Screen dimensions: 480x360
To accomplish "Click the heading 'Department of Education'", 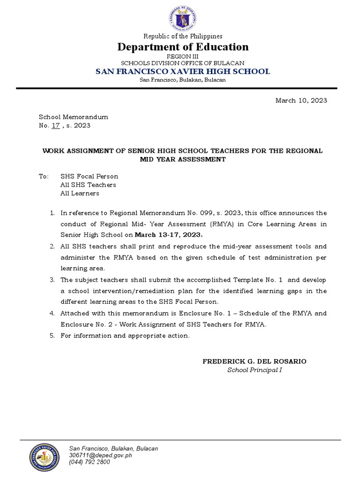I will point(183,47).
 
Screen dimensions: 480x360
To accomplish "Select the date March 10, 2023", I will point(301,100).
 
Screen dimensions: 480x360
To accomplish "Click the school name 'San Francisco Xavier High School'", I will point(183,71).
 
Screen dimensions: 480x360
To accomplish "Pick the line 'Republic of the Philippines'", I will point(183,36).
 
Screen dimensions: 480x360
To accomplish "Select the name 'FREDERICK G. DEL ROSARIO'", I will point(255,361).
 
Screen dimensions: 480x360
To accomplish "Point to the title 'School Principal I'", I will point(255,370).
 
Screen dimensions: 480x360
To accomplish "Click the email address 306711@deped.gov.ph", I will point(100,455).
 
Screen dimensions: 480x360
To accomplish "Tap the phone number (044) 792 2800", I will point(90,462).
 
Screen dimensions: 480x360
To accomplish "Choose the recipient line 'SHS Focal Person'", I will point(89,176).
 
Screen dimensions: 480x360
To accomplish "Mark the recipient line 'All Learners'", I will point(80,193).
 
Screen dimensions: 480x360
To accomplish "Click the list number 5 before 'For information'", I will point(52,336).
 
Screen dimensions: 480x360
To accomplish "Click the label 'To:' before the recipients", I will point(44,176).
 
